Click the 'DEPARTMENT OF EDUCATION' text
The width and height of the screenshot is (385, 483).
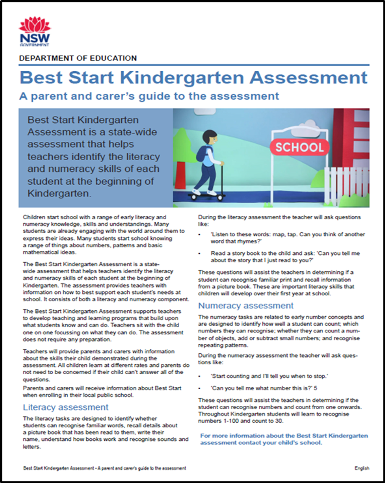pos(78,58)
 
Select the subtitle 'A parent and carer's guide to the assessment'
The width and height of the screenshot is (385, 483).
pos(149,96)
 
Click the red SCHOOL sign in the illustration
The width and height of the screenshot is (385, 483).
pos(299,147)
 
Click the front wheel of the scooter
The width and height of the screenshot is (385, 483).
pos(220,198)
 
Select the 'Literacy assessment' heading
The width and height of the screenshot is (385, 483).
pos(60,407)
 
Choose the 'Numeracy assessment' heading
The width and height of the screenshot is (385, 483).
pos(246,305)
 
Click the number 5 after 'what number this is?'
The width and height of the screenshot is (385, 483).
pos(315,388)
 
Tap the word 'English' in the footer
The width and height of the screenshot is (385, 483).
pos(361,468)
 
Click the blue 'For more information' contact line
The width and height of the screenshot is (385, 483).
pos(284,439)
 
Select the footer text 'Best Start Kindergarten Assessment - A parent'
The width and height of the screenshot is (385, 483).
pos(105,468)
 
